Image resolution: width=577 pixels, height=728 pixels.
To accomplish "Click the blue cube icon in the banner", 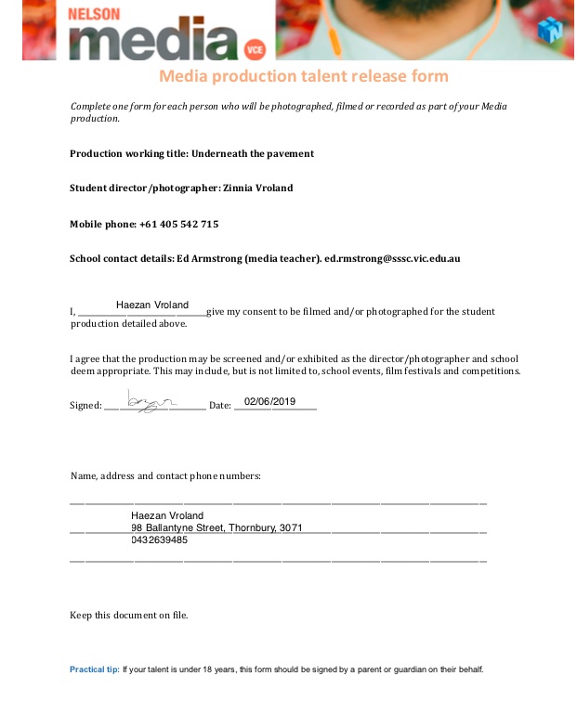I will [550, 29].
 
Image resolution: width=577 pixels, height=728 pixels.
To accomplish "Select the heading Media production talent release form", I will [303, 76].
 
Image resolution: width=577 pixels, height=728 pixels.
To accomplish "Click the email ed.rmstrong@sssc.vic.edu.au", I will [392, 258].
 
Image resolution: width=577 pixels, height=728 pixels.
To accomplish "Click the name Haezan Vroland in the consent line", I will [152, 305].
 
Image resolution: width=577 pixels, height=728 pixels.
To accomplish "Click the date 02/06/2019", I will [269, 401].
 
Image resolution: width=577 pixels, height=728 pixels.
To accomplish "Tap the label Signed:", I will [85, 406].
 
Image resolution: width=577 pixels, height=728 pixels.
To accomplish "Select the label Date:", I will [219, 406].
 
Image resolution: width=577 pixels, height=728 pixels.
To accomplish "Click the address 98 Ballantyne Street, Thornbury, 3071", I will [216, 527].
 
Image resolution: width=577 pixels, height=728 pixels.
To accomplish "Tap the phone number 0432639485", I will [159, 539].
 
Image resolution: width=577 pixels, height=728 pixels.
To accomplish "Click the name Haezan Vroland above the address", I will [167, 515].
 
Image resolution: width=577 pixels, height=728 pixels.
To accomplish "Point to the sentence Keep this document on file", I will [128, 615].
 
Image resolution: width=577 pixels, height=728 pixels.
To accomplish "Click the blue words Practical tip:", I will [94, 669].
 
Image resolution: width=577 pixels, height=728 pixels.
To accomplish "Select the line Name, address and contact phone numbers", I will [165, 476].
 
